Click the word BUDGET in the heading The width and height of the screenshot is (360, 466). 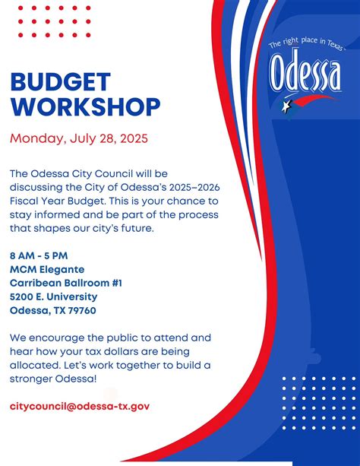pos(60,82)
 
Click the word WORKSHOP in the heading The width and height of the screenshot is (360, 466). pos(85,106)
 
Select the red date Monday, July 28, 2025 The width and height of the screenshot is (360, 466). pos(79,139)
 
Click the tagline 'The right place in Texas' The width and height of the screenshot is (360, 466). pos(305,45)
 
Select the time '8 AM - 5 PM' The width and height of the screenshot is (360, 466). pos(39,255)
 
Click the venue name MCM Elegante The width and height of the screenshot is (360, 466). pos(47,269)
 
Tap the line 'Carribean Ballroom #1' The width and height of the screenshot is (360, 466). pos(66,283)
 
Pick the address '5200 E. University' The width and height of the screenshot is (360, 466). pos(53,296)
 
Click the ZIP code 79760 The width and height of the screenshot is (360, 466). pos(80,310)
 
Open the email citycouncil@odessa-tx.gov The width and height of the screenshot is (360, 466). pos(80,406)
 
